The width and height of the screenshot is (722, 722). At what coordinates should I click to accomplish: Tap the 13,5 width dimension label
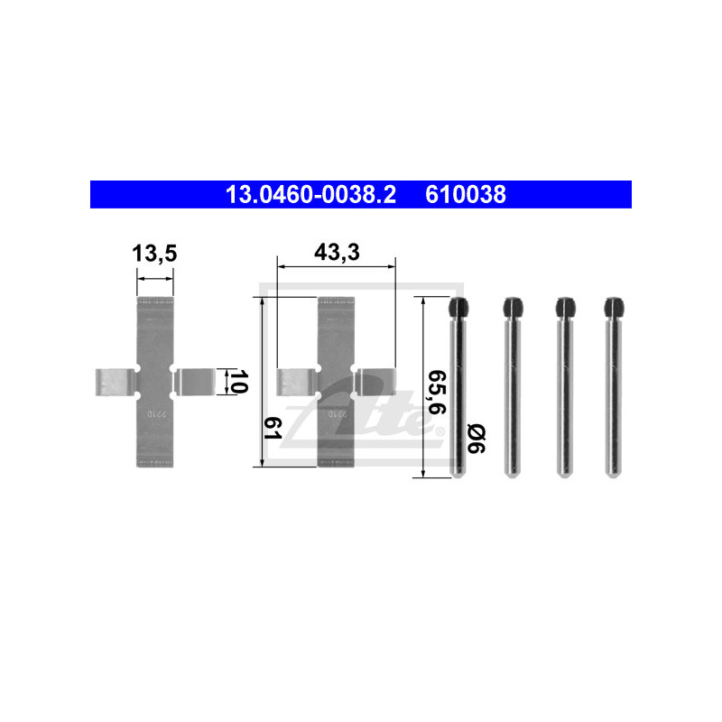pyautogui.click(x=154, y=255)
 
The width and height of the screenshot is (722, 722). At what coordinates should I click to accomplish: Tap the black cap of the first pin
pyautogui.click(x=458, y=308)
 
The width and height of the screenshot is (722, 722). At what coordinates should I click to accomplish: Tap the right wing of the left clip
pyautogui.click(x=195, y=382)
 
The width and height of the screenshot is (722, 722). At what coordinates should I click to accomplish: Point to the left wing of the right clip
pyautogui.click(x=295, y=383)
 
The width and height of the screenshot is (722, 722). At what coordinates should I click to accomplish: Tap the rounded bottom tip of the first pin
pyautogui.click(x=458, y=473)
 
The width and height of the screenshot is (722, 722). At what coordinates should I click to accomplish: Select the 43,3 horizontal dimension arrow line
pyautogui.click(x=337, y=267)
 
